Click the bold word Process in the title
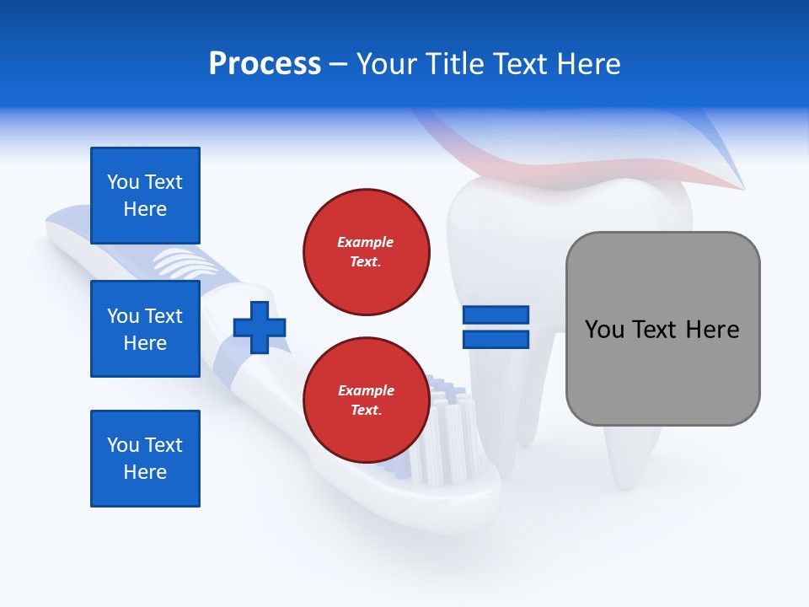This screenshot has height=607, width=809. (265, 64)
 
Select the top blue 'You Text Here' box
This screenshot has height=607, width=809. (145, 196)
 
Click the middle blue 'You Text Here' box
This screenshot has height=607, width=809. (145, 329)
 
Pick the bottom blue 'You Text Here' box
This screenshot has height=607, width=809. (145, 459)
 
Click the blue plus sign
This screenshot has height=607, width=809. (260, 328)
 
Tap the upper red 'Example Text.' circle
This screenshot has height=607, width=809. (366, 252)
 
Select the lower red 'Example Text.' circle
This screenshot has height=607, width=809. (366, 400)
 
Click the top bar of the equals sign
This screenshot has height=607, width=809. (496, 315)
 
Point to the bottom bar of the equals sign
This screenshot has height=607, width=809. (496, 339)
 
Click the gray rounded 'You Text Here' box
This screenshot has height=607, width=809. (662, 329)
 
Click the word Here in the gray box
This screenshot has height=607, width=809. (712, 329)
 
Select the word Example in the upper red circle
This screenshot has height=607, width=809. (366, 242)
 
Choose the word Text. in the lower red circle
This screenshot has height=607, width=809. (366, 411)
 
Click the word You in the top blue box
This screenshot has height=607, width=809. (122, 182)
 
